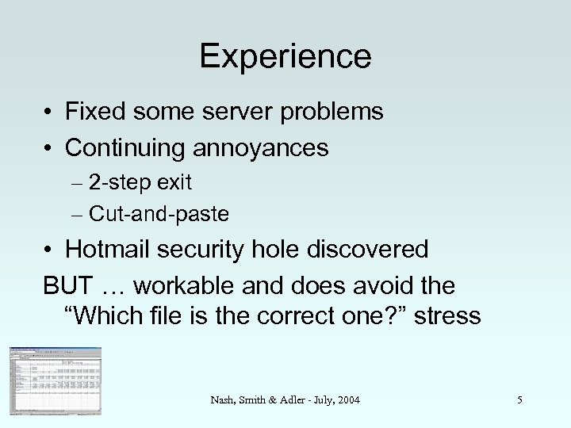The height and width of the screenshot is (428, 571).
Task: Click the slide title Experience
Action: [285, 56]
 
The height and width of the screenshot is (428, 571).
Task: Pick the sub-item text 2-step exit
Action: [140, 183]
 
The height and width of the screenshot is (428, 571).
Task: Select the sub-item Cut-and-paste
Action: [159, 213]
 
